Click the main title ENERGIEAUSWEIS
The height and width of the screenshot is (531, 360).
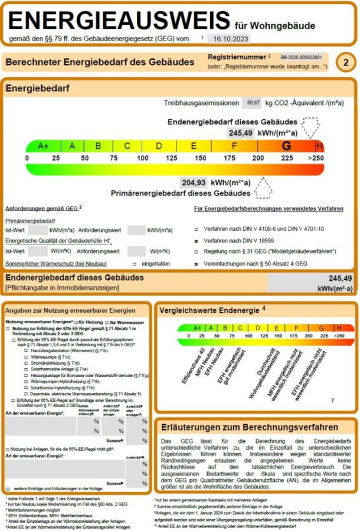(119, 21)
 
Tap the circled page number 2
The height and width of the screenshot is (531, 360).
(346, 63)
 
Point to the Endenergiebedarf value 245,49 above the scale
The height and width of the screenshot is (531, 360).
(240, 133)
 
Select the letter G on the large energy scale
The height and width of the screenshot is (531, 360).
(287, 146)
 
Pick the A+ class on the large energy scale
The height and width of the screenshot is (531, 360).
(43, 146)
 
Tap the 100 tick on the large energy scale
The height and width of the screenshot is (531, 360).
(143, 158)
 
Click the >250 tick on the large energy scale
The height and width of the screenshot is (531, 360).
(316, 158)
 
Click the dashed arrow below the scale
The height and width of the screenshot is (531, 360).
(263, 189)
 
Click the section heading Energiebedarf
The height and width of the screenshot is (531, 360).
(37, 88)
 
